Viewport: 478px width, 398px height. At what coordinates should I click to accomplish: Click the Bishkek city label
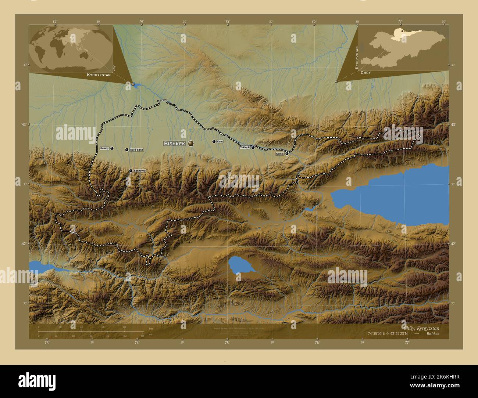click(175, 144)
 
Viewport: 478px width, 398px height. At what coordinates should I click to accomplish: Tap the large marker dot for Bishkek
click(191, 144)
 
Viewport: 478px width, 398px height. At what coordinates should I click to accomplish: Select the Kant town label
click(220, 141)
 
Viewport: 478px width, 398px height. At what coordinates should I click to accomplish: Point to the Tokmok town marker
click(253, 147)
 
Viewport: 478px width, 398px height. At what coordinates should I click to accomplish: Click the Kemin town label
click(280, 154)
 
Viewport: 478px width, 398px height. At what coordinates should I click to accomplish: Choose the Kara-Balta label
click(136, 150)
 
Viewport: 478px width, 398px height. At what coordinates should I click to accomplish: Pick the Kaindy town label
click(104, 148)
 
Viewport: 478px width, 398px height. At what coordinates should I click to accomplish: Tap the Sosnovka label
click(140, 171)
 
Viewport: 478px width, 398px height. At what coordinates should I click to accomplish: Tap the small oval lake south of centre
click(241, 265)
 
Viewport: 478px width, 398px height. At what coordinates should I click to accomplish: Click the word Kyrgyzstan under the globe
click(99, 75)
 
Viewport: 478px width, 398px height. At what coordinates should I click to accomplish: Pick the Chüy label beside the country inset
click(365, 73)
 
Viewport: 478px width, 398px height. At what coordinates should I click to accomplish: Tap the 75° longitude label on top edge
click(228, 22)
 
